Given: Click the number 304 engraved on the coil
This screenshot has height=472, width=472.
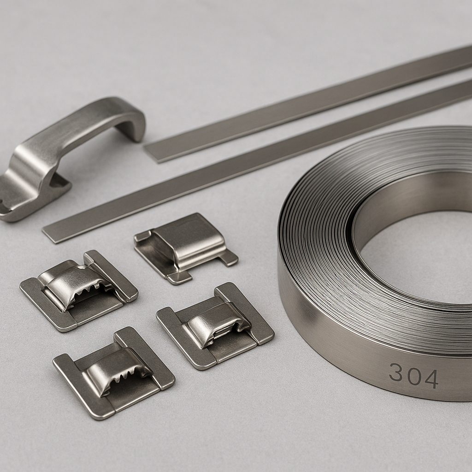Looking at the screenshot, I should click(x=413, y=376).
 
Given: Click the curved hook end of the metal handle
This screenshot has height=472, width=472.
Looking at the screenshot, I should click(x=134, y=122).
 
